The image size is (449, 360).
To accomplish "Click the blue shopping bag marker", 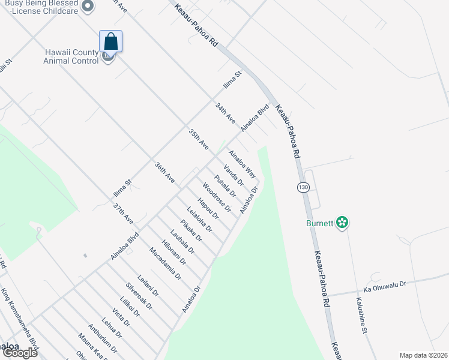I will pyautogui.click(x=110, y=41).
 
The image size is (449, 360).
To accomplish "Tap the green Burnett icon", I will pyautogui.click(x=342, y=223).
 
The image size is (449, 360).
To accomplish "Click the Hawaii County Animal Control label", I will pyautogui.click(x=71, y=56).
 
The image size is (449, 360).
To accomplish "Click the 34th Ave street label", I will pyautogui.click(x=226, y=113).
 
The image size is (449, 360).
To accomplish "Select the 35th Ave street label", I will pyautogui.click(x=198, y=139).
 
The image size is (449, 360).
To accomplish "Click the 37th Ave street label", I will pyautogui.click(x=124, y=214).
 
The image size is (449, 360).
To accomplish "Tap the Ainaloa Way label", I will pyautogui.click(x=242, y=164).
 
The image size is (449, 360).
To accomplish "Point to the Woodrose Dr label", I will pyautogui.click(x=217, y=197).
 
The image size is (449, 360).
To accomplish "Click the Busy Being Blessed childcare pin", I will pyautogui.click(x=88, y=7).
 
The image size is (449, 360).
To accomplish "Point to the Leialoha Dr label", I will pyautogui.click(x=199, y=219).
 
